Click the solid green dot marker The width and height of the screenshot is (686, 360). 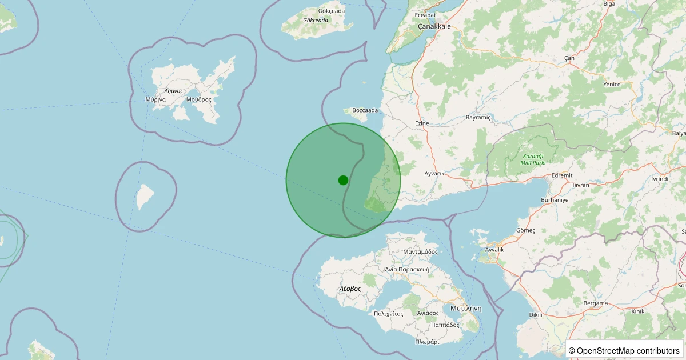coord(343,180)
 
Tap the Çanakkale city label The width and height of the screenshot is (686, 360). coord(434,26)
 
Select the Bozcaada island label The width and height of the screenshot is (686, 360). coord(365,110)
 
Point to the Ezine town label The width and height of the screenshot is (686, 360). coord(422,123)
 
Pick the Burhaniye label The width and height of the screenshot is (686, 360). coord(555,201)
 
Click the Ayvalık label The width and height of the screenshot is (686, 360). coord(494,250)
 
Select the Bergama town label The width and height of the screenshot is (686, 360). coord(596,303)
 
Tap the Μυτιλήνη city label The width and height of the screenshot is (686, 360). coord(466,308)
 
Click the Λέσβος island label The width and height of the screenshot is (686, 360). coord(350,289)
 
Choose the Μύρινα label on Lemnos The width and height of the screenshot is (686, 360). coord(155,99)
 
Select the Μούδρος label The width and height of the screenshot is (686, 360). coord(198,99)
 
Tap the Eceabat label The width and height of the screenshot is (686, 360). coord(425,15)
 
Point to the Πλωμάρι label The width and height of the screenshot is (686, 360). coord(427,342)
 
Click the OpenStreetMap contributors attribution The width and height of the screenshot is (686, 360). coord(624,350)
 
